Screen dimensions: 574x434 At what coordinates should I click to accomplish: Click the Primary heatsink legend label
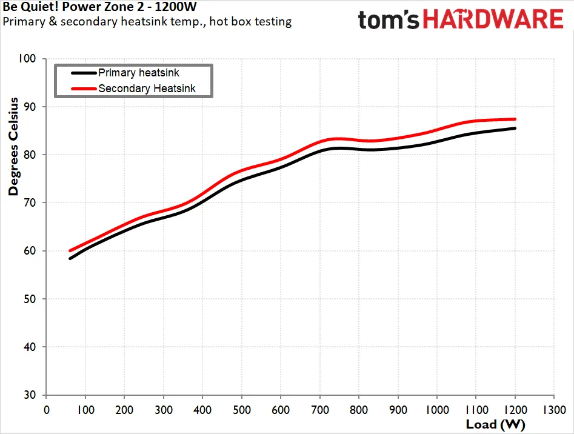pyautogui.click(x=139, y=73)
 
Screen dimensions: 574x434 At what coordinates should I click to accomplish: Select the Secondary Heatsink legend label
pyautogui.click(x=147, y=88)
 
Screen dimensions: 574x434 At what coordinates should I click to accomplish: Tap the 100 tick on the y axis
pyautogui.click(x=27, y=59)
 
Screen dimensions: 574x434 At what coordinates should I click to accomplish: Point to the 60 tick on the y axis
pyautogui.click(x=30, y=251)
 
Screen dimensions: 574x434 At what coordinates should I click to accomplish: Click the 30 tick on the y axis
pyautogui.click(x=30, y=395)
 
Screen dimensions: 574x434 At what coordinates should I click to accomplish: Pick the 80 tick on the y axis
pyautogui.click(x=30, y=155)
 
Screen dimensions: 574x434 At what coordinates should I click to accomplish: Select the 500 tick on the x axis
pyautogui.click(x=242, y=410)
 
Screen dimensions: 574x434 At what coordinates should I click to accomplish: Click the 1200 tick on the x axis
pyautogui.click(x=515, y=410)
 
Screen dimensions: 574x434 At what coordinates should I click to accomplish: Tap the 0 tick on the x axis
pyautogui.click(x=47, y=410)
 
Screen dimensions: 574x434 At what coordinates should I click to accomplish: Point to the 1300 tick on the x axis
pyautogui.click(x=554, y=410)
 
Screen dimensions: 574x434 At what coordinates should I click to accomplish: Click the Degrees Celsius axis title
pyautogui.click(x=13, y=146)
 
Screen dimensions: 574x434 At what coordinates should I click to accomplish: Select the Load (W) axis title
pyautogui.click(x=495, y=424)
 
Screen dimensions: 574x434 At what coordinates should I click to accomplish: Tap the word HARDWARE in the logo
pyautogui.click(x=493, y=19)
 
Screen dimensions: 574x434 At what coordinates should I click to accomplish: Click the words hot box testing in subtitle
pyautogui.click(x=250, y=22)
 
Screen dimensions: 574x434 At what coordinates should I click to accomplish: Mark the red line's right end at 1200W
pyautogui.click(x=515, y=119)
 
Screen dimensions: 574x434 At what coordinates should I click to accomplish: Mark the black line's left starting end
pyautogui.click(x=70, y=258)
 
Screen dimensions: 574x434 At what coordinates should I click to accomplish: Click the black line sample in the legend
pyautogui.click(x=84, y=73)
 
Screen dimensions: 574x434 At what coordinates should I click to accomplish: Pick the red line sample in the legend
pyautogui.click(x=84, y=88)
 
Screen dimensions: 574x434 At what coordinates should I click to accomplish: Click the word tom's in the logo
pyautogui.click(x=389, y=20)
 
